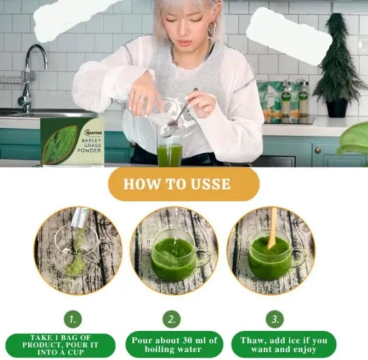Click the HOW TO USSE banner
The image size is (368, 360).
(184, 184)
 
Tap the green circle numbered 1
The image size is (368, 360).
(73, 319)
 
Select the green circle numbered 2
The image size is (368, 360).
(171, 319)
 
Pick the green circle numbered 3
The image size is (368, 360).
(275, 319)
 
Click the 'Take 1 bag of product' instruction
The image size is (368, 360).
(60, 345)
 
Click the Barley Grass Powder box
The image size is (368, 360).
(72, 141)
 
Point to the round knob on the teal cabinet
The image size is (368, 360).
(318, 150)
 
